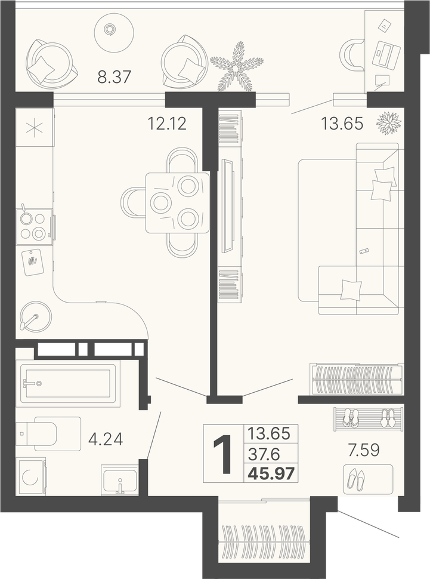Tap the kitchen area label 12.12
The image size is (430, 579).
coord(167,124)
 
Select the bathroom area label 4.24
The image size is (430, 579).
coord(106,439)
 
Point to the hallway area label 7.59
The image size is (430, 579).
coord(364,450)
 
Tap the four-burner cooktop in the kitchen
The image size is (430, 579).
coord(34,226)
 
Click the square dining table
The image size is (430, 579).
coord(177,202)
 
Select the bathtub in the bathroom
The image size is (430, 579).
coord(70,384)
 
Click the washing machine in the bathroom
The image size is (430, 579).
coord(31,477)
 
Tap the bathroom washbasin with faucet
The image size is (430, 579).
coord(120,480)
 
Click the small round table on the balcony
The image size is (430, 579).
coord(113,29)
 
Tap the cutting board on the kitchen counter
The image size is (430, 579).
coord(33,262)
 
